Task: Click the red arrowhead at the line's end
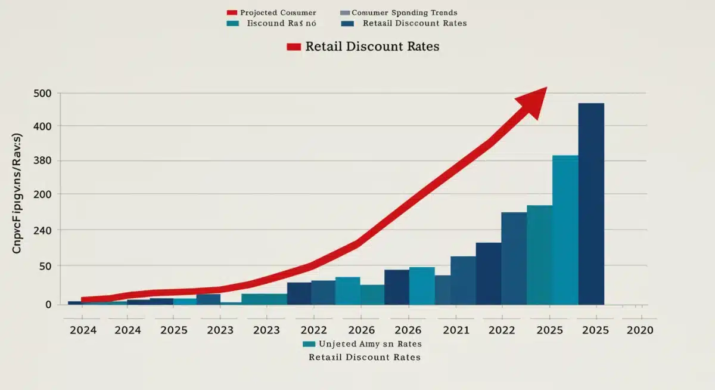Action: pyautogui.click(x=533, y=101)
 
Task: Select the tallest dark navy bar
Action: pyautogui.click(x=591, y=203)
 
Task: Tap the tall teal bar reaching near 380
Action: pyautogui.click(x=565, y=230)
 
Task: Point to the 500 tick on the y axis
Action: pyautogui.click(x=44, y=94)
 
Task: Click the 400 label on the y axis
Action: pyautogui.click(x=44, y=126)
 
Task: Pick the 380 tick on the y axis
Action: pyautogui.click(x=44, y=161)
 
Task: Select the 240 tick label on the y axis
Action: pyautogui.click(x=44, y=230)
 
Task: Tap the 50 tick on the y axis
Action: pyautogui.click(x=46, y=266)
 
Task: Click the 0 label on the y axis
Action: pyautogui.click(x=48, y=304)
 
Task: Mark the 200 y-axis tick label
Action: pyautogui.click(x=44, y=194)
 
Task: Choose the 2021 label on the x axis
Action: pyautogui.click(x=456, y=330)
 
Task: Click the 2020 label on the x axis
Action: pyautogui.click(x=640, y=330)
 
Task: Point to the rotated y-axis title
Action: pyautogui.click(x=17, y=194)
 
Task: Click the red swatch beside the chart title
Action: pyautogui.click(x=293, y=47)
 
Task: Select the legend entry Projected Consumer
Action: pyautogui.click(x=278, y=13)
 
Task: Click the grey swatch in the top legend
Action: pyautogui.click(x=344, y=13)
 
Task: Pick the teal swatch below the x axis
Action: pyautogui.click(x=309, y=344)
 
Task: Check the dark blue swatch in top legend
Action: pyautogui.click(x=348, y=24)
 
